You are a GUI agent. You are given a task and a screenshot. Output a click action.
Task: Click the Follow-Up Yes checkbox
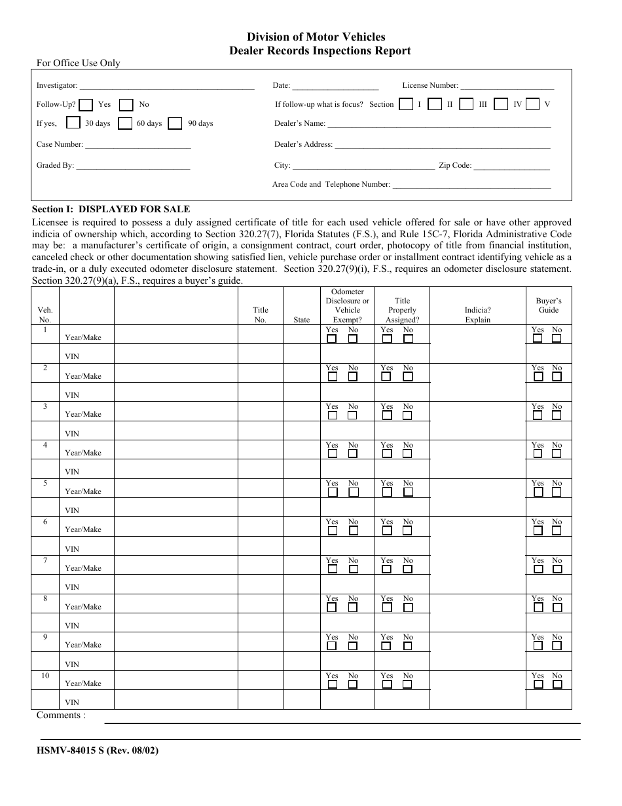(x=87, y=104)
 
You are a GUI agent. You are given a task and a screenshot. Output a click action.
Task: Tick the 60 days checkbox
(x=125, y=123)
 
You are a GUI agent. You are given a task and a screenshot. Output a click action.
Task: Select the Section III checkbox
(x=466, y=104)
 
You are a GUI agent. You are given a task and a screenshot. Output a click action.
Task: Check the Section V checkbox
(x=533, y=104)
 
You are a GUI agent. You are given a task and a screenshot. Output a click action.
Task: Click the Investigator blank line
(x=166, y=86)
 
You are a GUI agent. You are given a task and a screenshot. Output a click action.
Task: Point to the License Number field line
(x=507, y=86)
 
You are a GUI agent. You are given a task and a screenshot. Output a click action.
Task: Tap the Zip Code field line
(x=511, y=166)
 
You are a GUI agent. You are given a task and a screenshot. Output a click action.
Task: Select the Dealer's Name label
(x=300, y=123)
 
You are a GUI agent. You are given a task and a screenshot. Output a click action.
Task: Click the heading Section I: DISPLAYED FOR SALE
(x=111, y=209)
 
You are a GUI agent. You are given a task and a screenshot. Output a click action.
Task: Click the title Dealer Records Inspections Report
(x=316, y=50)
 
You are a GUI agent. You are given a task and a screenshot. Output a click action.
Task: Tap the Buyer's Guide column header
(x=549, y=305)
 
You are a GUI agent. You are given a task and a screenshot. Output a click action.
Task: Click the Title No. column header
(x=261, y=315)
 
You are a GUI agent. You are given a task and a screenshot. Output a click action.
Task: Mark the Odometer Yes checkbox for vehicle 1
(x=332, y=339)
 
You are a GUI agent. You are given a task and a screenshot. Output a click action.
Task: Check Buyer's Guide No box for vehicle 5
(x=557, y=492)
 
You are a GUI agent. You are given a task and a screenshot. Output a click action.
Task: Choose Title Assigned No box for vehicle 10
(x=408, y=685)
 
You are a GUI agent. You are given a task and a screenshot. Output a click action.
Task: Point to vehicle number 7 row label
(x=45, y=560)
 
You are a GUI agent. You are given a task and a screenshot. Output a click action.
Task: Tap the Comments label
(x=61, y=715)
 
